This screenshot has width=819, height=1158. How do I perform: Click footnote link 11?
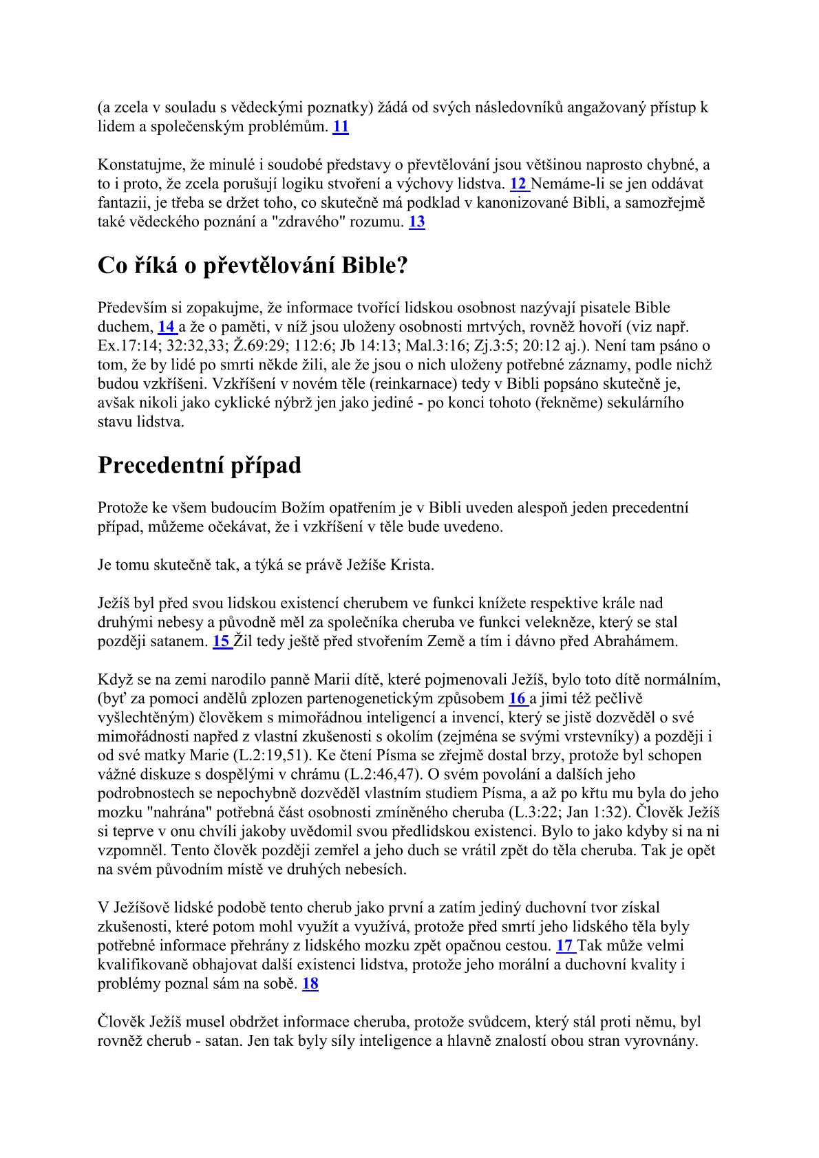pos(341,127)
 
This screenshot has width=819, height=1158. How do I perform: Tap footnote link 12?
pos(518,184)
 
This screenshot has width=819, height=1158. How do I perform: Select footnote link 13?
pos(417,222)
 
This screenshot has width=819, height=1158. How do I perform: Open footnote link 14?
pos(166,327)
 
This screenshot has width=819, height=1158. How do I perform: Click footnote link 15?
pos(221,641)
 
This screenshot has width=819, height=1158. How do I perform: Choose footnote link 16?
pos(517,698)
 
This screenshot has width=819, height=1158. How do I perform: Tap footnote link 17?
pos(564,945)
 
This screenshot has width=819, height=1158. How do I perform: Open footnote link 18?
pos(310,983)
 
